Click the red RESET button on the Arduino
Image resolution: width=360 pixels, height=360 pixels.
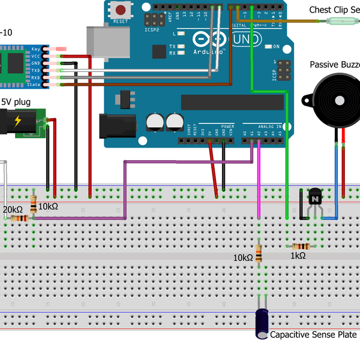[122, 10]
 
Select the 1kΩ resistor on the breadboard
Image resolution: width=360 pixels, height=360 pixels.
[300, 246]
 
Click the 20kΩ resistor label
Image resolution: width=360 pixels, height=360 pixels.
[13, 209]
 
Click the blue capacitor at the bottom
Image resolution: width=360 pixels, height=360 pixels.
[262, 324]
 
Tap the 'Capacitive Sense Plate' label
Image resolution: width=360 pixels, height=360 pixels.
[313, 335]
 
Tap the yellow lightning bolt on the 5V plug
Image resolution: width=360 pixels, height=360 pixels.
[18, 121]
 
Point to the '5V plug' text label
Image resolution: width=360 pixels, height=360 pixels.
[16, 101]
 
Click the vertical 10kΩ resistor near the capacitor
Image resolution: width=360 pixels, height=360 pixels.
[259, 253]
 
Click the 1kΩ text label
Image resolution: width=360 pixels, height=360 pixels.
[298, 256]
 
